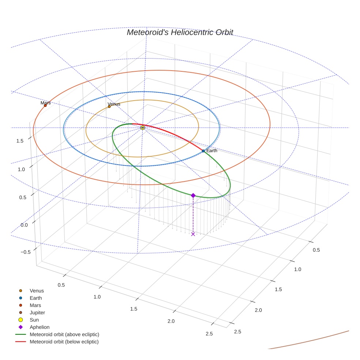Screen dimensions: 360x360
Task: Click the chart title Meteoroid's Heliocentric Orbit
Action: tap(180, 32)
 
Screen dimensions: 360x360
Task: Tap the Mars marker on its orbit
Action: tap(45, 106)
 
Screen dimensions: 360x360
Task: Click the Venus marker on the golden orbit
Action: tap(109, 106)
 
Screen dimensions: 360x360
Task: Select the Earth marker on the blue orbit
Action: tap(203, 151)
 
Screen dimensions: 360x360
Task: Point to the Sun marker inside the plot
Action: tap(143, 128)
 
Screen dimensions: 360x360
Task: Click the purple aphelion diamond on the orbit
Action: tap(193, 195)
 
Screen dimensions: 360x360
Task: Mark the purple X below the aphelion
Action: tap(193, 234)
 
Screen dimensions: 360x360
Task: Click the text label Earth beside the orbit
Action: tap(212, 150)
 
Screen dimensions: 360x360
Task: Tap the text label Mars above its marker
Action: tap(46, 103)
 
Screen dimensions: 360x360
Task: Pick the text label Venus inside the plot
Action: tap(114, 104)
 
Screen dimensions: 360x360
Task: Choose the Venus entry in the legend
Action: tap(37, 291)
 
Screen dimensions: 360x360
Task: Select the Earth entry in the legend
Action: tap(36, 298)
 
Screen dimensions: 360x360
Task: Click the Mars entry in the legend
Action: tap(35, 305)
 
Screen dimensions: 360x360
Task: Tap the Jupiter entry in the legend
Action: tap(37, 313)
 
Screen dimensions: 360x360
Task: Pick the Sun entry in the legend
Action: tap(34, 320)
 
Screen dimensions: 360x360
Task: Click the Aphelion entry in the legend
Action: tap(40, 327)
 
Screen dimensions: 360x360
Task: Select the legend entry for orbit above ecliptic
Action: tap(64, 334)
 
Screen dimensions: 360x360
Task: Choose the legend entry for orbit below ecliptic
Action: tap(64, 342)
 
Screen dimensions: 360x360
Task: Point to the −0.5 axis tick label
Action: tap(25, 252)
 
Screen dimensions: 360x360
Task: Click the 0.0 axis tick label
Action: tap(24, 225)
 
